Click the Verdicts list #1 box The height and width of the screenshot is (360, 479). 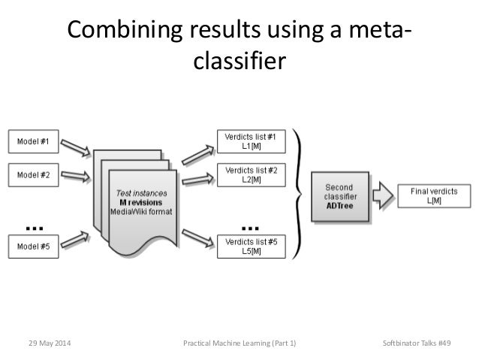pos(250,141)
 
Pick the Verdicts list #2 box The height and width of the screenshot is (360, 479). pos(250,175)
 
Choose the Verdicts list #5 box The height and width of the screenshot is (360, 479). pos(250,247)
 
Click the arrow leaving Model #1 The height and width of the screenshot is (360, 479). pos(75,145)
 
